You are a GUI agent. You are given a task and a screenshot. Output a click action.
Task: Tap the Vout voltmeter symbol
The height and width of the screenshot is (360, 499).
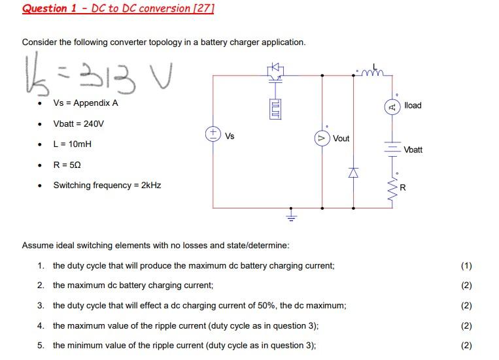point(321,139)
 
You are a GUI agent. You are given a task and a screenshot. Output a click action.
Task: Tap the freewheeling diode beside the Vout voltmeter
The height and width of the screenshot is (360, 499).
point(354,172)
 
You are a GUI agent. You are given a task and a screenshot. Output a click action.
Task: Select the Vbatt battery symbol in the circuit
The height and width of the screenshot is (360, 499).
point(392,148)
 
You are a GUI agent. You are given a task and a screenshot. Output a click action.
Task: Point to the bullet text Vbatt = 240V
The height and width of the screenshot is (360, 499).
point(78,123)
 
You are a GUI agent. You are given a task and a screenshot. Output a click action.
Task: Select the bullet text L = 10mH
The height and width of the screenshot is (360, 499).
point(75,144)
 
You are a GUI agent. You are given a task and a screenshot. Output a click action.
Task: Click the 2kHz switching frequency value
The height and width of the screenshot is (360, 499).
point(149,185)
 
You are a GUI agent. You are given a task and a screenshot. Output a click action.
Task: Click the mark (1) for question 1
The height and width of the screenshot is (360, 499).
point(466,266)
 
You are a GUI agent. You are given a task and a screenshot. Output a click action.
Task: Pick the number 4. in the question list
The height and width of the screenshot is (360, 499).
point(41,325)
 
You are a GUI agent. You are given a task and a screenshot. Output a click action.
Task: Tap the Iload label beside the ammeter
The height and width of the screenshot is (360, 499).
point(413,105)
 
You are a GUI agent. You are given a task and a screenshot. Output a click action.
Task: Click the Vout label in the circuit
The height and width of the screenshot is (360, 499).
point(341,139)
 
